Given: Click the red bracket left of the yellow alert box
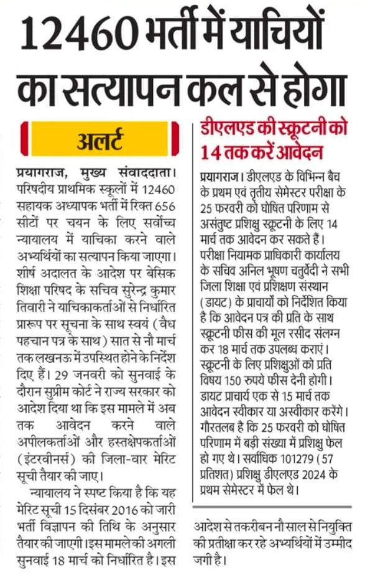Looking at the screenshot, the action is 24,138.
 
